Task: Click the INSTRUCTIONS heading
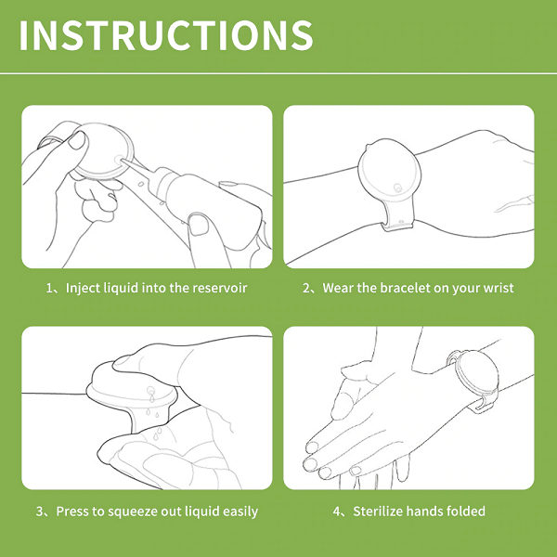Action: click(166, 35)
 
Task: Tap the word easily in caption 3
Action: click(240, 512)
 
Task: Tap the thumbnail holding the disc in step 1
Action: click(78, 140)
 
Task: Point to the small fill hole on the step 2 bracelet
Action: click(398, 188)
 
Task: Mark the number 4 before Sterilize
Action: click(337, 512)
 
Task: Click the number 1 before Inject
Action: click(49, 288)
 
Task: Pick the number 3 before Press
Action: click(40, 512)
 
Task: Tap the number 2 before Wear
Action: click(306, 288)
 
